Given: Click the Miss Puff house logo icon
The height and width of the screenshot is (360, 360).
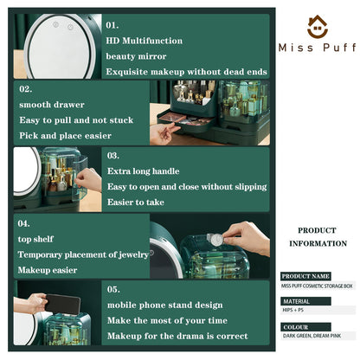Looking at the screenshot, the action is (318, 27).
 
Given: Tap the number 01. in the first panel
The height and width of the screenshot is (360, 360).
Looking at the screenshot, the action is (112, 25).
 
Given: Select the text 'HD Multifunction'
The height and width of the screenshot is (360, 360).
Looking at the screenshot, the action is (144, 41).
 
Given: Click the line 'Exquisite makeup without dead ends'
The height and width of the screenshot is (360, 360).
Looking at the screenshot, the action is (186, 72).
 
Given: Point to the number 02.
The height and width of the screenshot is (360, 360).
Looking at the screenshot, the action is (26, 89).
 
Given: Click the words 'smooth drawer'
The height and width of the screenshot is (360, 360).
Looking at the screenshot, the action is (52, 105).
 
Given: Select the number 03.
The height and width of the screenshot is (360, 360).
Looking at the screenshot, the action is (112, 156).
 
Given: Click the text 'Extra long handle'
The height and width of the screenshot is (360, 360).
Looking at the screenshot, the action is (143, 171).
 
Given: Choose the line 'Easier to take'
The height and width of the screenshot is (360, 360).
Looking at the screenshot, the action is (136, 202).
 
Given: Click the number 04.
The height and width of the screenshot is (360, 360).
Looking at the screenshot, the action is (23, 223).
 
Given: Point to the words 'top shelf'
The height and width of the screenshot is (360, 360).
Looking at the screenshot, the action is (35, 239).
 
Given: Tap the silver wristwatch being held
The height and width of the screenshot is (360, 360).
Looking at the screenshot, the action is (215, 239).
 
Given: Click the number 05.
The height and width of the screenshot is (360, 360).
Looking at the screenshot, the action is (113, 289).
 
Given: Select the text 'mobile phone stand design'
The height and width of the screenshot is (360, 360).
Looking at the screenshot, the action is (164, 305).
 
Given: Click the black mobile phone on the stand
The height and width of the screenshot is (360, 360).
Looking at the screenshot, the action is (63, 305).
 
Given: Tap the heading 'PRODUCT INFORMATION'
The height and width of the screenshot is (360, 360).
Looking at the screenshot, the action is (318, 237).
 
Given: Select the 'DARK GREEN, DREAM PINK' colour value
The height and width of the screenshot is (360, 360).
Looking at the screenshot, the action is (312, 336).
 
